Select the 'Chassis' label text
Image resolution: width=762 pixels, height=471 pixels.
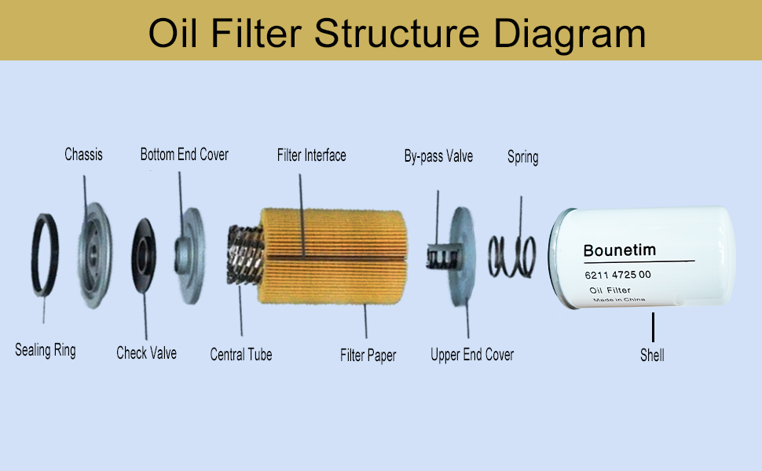click(83, 154)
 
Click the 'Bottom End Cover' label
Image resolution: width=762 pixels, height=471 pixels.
click(184, 154)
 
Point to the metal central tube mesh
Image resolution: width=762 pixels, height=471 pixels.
click(244, 255)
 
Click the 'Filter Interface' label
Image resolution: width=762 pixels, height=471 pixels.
click(311, 155)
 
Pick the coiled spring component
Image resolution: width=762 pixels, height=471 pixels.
click(512, 256)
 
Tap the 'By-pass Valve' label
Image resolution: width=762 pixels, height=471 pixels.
click(438, 156)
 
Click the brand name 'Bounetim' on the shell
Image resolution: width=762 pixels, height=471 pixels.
click(619, 251)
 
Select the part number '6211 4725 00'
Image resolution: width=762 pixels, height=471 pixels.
click(617, 276)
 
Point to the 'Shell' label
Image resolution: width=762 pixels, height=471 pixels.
click(652, 356)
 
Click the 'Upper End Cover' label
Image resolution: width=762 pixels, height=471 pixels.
click(472, 355)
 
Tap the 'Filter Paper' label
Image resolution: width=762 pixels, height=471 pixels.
click(368, 356)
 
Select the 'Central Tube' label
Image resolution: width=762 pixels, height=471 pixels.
click(241, 355)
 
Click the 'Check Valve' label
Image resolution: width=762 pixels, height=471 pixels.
click(146, 353)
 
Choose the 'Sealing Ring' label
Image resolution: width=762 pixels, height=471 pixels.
click(46, 350)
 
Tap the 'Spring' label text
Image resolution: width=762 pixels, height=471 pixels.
click(522, 157)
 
